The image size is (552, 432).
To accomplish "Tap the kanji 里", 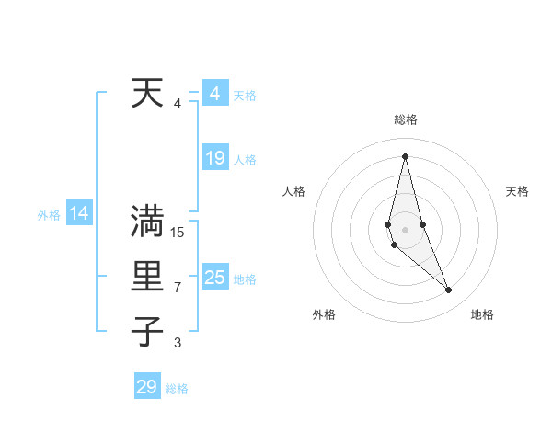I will pos(147,277).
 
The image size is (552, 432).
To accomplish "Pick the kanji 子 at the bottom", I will pos(147,331).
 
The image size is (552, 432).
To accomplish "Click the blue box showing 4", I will pos(214,94).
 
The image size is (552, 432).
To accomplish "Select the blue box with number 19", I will pos(214,158).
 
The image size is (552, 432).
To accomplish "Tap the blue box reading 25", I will pos(214,278).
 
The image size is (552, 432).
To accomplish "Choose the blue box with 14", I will pos(79,214).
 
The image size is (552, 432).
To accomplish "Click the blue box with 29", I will pos(147,386).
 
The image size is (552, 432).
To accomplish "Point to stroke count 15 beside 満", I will pos(178,232).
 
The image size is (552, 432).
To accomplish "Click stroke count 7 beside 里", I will pos(178,288).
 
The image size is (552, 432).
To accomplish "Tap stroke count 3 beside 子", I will pos(178,343).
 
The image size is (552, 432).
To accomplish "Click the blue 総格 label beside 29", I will pos(177,389).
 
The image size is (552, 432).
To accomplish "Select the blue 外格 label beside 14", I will pos(49,215).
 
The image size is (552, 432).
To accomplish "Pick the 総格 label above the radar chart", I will pos(405,119).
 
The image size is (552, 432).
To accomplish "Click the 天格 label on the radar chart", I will pos(517,191).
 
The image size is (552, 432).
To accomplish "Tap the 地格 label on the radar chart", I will pos(482,314).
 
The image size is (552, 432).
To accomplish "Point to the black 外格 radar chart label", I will pos(324,314).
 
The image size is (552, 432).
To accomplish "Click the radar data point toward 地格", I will pos(449,290).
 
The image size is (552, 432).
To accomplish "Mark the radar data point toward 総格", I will pos(405,156).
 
